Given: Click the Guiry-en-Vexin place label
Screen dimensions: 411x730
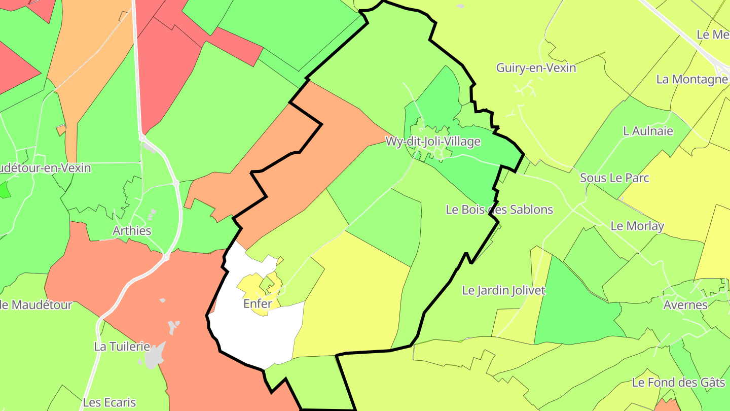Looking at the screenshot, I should [x=536, y=67].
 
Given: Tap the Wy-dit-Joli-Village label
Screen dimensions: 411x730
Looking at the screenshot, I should [x=433, y=142].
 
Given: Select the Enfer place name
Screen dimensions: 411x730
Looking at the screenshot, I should [x=258, y=303].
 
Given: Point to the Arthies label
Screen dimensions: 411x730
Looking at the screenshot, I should [x=132, y=230].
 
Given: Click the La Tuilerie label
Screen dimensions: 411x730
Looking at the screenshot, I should [x=122, y=347].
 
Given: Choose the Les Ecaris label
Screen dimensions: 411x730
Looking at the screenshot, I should [x=109, y=402].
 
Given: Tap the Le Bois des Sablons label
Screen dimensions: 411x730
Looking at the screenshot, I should [x=499, y=209].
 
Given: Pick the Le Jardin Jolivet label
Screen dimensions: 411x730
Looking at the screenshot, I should [x=504, y=290].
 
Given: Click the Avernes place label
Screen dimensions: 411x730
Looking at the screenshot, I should [x=685, y=304].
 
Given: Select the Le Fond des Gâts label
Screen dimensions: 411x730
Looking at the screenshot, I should [x=679, y=382].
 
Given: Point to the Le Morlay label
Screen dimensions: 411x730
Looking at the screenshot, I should [x=637, y=226].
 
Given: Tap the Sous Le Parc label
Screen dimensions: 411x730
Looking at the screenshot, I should [x=614, y=178].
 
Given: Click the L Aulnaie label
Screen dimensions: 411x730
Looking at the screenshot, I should [x=648, y=131].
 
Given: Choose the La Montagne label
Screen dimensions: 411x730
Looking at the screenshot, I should [x=692, y=79].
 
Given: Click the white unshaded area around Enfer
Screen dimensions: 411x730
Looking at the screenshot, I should [x=253, y=335].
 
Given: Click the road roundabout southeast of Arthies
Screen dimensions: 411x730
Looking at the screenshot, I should [x=166, y=258].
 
